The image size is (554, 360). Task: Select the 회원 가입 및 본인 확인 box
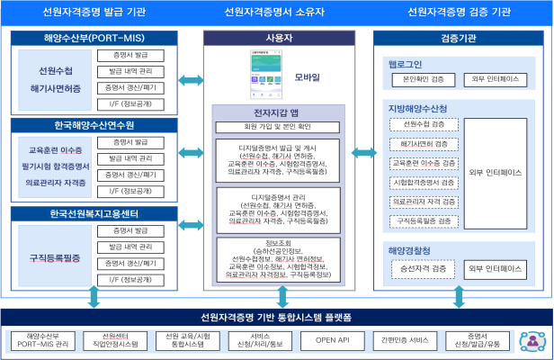[277, 127]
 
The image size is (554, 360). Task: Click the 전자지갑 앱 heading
[277, 112]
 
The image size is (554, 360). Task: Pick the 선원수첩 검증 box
[424, 123]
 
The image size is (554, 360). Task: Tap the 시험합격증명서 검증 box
[424, 182]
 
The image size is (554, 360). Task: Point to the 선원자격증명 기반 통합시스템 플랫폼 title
[277, 317]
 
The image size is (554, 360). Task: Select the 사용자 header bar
[277, 39]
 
